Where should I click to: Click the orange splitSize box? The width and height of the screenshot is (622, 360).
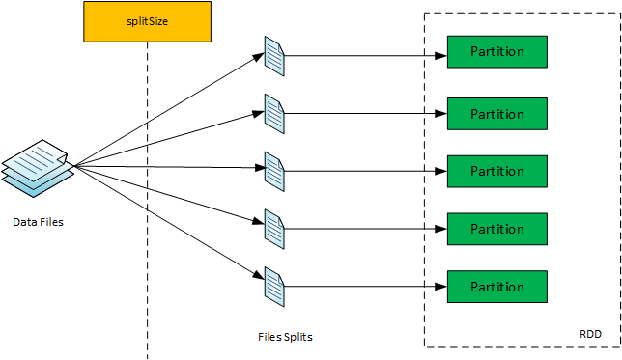146,21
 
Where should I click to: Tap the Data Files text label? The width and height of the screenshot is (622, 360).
38,222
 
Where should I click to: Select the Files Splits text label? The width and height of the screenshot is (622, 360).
285,337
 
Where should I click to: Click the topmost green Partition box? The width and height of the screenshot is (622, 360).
496,51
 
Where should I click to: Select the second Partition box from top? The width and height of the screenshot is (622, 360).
496,114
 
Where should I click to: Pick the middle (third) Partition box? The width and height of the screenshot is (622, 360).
496,171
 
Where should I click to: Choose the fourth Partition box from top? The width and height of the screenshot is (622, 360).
496,229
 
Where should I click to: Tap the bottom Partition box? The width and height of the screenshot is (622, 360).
496,287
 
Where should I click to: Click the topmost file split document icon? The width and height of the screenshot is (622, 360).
275,56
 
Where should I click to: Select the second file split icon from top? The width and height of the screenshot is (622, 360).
275,114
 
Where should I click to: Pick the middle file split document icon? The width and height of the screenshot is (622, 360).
275,172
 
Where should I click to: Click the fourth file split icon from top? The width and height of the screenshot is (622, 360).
275,230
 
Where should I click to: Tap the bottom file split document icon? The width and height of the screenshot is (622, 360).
275,287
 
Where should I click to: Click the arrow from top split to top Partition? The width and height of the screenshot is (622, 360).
367,55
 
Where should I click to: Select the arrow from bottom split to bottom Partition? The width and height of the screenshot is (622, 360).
367,287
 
